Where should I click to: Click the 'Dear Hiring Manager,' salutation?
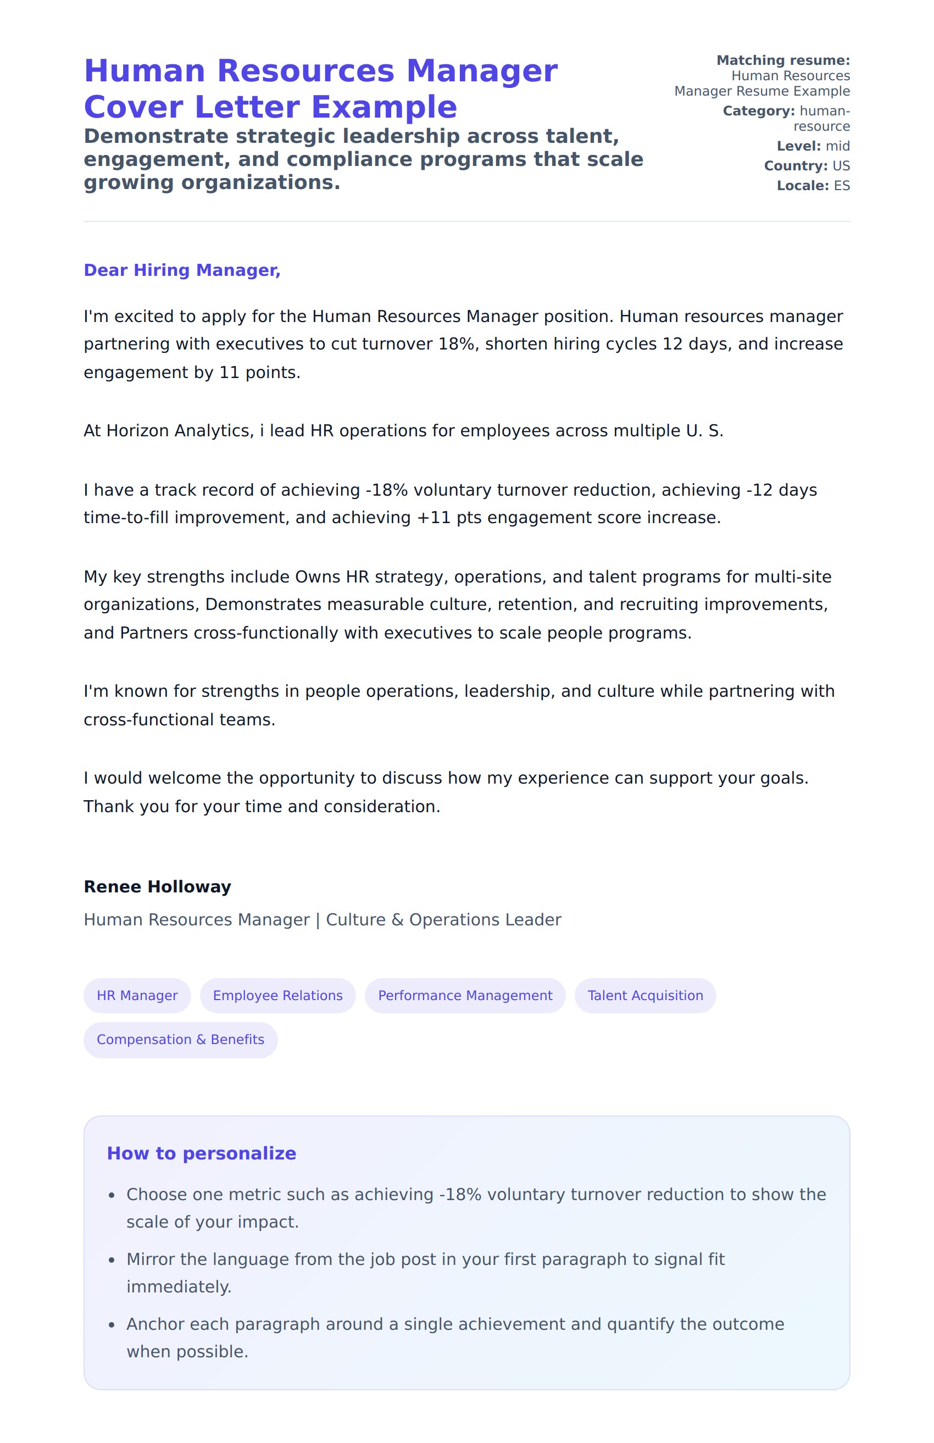[x=182, y=270]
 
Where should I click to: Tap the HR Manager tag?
[x=137, y=996]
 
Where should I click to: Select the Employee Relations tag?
[x=277, y=996]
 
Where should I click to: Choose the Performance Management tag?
[x=465, y=996]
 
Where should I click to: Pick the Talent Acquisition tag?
[x=645, y=996]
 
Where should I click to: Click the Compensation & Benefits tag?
[x=180, y=1040]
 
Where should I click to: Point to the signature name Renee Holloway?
[x=157, y=887]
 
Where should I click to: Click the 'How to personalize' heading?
[x=201, y=1154]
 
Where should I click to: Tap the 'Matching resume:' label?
[x=783, y=60]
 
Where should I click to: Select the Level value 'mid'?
[x=838, y=146]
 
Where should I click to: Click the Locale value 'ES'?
[x=842, y=186]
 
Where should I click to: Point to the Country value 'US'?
[x=841, y=166]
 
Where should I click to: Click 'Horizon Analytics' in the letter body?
[x=177, y=431]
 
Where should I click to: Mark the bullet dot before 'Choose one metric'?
[x=112, y=1196]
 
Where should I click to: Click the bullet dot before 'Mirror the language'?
[x=112, y=1261]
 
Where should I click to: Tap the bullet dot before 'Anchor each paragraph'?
[x=112, y=1325]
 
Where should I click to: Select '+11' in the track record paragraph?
[x=433, y=518]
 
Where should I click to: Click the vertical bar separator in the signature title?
[x=318, y=920]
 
